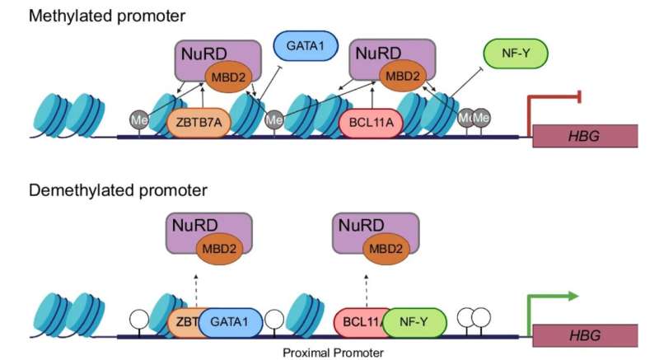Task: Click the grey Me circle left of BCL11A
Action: tap(276, 120)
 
